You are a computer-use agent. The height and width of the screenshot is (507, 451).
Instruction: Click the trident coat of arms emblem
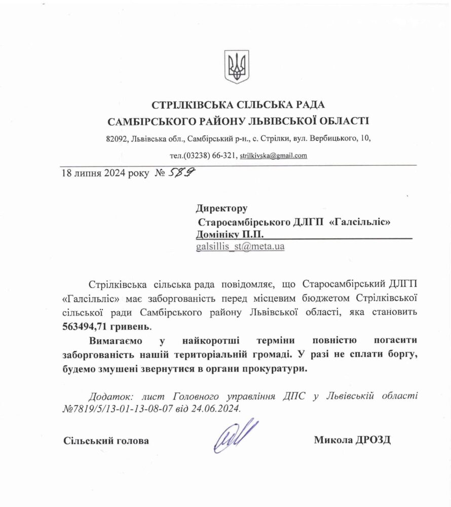tap(237, 66)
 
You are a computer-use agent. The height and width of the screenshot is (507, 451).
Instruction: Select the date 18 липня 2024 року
tap(105, 173)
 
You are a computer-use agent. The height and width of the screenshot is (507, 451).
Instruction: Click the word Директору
tap(221, 208)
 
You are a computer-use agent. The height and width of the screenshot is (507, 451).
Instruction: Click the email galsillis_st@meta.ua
tap(240, 247)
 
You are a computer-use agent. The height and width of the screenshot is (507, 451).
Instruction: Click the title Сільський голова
tap(106, 441)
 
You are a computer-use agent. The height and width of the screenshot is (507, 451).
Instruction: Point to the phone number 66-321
tap(222, 156)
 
